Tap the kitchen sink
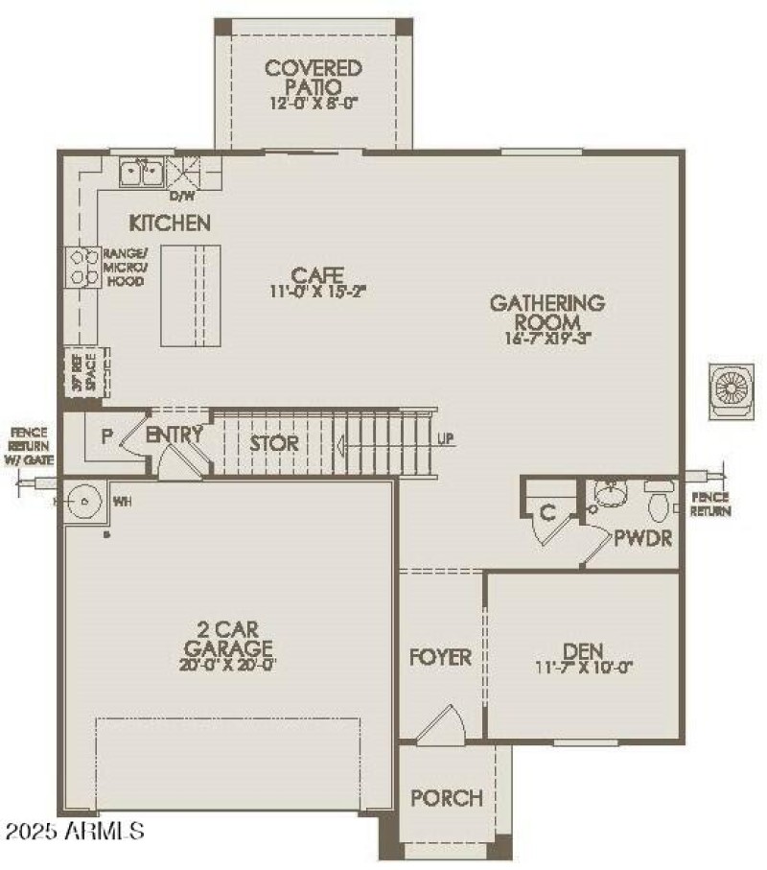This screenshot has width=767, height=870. tap(142, 172)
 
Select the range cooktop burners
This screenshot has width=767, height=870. tap(81, 267)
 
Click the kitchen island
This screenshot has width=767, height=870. tap(190, 294)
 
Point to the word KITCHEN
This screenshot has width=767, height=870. tap(170, 223)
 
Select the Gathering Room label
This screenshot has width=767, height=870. tap(547, 312)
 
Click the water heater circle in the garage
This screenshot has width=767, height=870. tap(84, 500)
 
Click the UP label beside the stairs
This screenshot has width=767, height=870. tap(446, 439)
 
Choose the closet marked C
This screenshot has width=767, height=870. tap(546, 512)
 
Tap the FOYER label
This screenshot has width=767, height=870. tap(441, 657)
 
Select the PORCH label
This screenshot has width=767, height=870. tap(446, 797)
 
